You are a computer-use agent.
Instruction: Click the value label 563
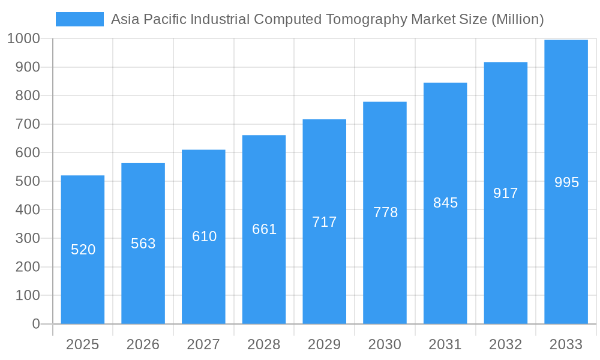143,244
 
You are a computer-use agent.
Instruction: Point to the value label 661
264,229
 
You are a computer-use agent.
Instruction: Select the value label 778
385,212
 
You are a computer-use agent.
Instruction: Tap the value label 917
505,193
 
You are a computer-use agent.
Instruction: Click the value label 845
445,203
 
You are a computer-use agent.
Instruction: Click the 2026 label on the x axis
143,344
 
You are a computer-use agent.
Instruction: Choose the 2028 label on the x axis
264,344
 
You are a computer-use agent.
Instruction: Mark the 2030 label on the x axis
385,344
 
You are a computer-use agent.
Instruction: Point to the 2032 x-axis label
505,344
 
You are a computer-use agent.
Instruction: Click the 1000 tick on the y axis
23,39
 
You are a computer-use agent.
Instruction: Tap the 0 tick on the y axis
36,324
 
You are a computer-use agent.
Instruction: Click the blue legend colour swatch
80,19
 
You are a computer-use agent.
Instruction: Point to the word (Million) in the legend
517,19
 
